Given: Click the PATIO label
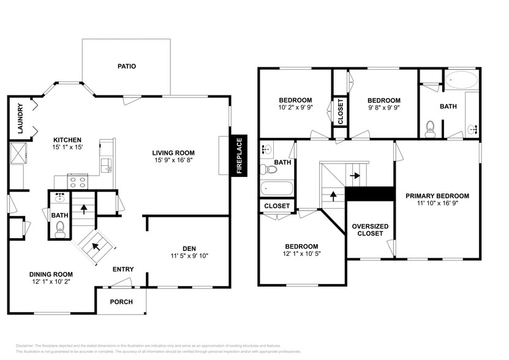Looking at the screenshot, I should tap(127, 66).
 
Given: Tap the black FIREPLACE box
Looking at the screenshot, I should tap(239, 156).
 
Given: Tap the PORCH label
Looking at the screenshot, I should tap(121, 302).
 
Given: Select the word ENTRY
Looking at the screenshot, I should tap(123, 269).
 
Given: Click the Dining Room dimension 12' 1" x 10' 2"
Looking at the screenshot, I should tap(52, 282).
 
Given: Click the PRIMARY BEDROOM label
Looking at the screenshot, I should tap(437, 196).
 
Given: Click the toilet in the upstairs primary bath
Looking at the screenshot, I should tap(430, 127).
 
